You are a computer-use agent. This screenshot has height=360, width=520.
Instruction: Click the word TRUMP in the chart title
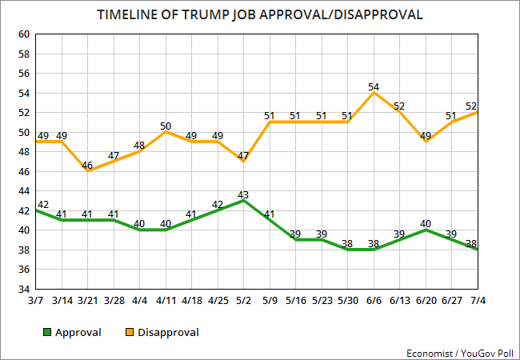pyautogui.click(x=223, y=14)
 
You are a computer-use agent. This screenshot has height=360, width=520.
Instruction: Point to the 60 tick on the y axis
pyautogui.click(x=22, y=34)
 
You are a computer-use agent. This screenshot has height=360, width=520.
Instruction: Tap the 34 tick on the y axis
pyautogui.click(x=22, y=289)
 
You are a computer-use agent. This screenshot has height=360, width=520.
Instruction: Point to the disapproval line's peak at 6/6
pyautogui.click(x=374, y=93)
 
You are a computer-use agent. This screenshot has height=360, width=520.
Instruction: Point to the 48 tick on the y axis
pyautogui.click(x=22, y=152)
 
